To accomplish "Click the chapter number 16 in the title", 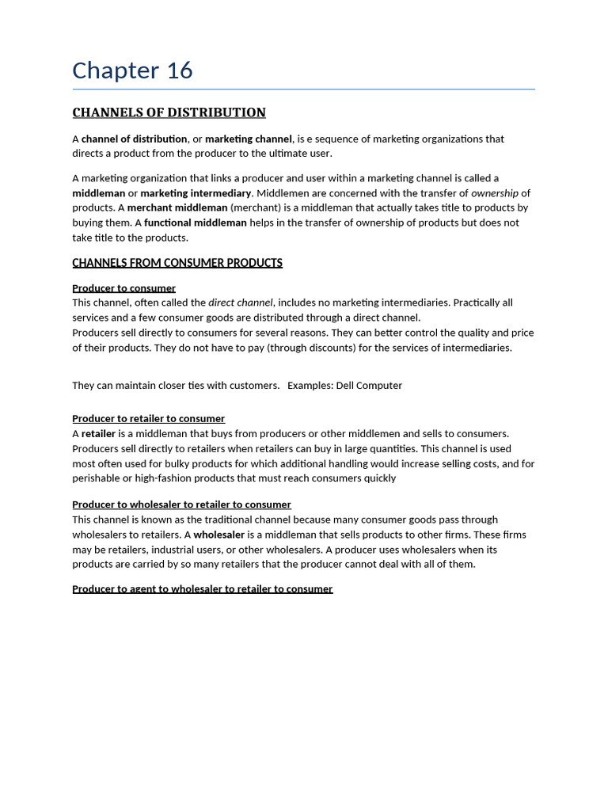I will click(180, 70).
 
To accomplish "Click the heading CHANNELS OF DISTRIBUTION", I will click(169, 112).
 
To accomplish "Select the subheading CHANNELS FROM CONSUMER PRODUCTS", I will click(177, 263).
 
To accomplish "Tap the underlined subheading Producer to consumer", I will click(123, 288).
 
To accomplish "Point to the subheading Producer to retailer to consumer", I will click(148, 418).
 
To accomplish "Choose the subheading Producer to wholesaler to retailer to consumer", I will click(181, 504).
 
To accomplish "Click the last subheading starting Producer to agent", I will click(202, 589).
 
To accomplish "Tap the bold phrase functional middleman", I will click(195, 223).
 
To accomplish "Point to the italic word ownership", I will click(494, 193).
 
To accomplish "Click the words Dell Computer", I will click(369, 386).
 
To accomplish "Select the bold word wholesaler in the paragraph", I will click(218, 535).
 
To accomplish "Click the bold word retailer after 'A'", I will click(98, 433).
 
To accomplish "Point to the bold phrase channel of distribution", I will click(134, 139).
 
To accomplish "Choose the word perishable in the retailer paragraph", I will click(97, 478).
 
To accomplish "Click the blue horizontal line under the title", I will click(303, 89).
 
